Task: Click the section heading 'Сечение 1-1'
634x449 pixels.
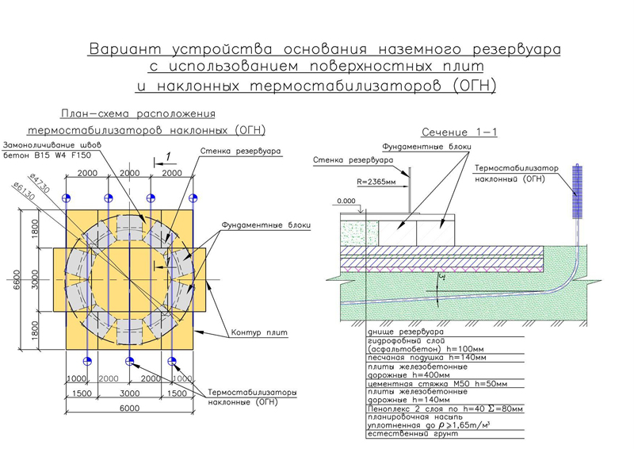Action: click(x=459, y=132)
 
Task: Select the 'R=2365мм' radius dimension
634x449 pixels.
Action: click(x=380, y=182)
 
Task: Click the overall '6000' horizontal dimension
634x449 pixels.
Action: click(x=128, y=408)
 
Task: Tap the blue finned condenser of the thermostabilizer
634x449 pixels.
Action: click(x=576, y=193)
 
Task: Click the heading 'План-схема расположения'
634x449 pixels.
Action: click(x=137, y=113)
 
